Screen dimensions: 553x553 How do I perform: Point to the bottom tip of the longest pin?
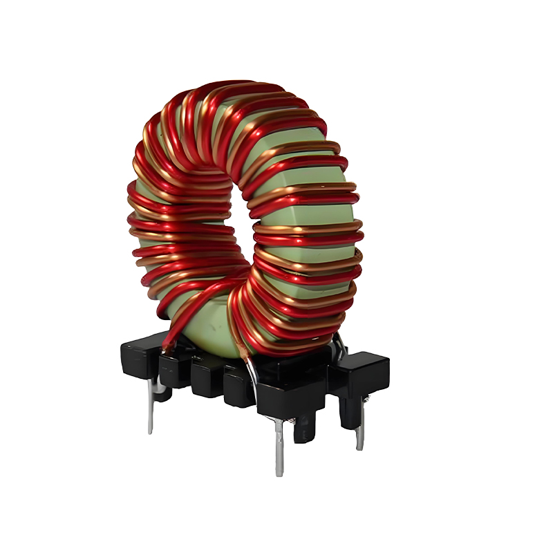(279, 474)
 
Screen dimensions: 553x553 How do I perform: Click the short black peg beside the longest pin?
(303, 429)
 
